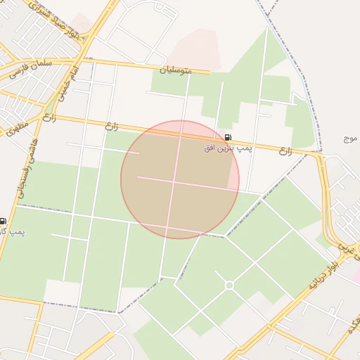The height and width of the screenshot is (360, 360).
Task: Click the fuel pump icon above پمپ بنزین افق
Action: (227, 137)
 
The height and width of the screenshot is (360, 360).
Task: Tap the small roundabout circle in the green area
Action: (229, 285)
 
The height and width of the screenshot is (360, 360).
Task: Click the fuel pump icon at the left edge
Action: (4, 221)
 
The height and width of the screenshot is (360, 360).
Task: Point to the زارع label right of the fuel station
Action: (285, 150)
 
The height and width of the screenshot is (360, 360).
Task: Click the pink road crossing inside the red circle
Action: (174, 181)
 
